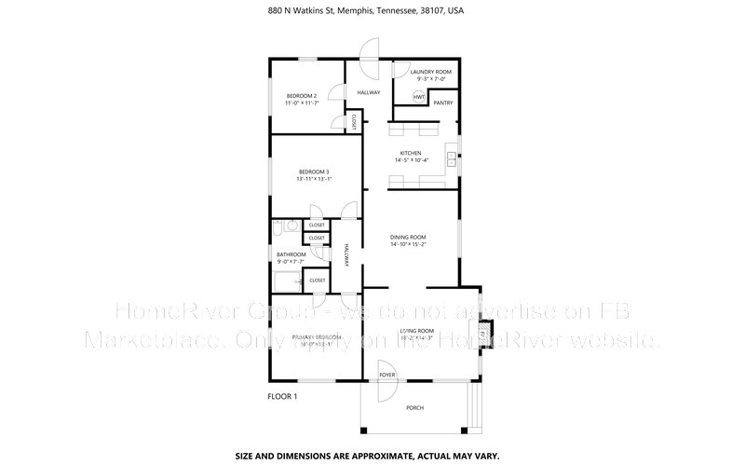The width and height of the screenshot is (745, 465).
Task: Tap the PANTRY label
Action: (442, 103)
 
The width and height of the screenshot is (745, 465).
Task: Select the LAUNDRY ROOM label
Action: (430, 72)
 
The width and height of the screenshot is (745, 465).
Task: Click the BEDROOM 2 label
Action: (302, 96)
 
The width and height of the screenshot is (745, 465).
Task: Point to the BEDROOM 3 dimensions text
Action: (313, 180)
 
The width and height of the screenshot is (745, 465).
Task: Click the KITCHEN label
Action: (411, 153)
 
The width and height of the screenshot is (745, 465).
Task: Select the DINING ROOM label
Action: (408, 238)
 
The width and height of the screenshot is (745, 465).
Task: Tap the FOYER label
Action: (386, 375)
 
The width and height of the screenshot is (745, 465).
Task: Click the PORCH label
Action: (414, 408)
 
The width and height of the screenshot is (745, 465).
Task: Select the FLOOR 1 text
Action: (283, 396)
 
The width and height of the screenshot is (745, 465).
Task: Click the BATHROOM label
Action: (291, 254)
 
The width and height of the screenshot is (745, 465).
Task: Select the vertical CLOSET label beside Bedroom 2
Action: (354, 121)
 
